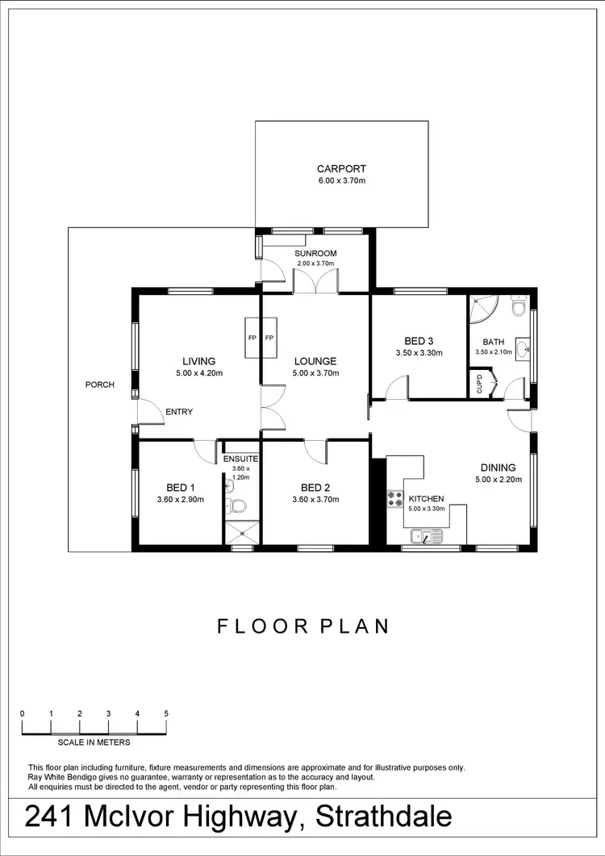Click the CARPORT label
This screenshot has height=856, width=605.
click(341, 169)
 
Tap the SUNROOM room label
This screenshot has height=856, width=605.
click(315, 253)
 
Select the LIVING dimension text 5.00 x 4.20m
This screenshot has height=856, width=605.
click(198, 373)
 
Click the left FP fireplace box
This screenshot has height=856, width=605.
click(252, 338)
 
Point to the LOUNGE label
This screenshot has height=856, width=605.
click(315, 361)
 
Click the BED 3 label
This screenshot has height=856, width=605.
click(419, 341)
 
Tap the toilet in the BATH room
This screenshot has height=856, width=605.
click(519, 307)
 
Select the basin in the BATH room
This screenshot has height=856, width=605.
click(523, 350)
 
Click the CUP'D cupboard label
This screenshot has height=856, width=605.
click(479, 383)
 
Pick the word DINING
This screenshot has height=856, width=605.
click(498, 467)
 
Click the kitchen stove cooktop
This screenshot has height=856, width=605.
click(395, 499)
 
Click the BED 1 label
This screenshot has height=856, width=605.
click(181, 488)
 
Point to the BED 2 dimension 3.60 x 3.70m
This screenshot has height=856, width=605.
click(315, 500)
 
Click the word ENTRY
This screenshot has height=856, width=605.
click(179, 412)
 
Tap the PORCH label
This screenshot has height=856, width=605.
click(100, 384)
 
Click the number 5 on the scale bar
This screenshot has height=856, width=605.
click(166, 713)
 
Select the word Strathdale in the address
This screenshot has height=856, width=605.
click(384, 817)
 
